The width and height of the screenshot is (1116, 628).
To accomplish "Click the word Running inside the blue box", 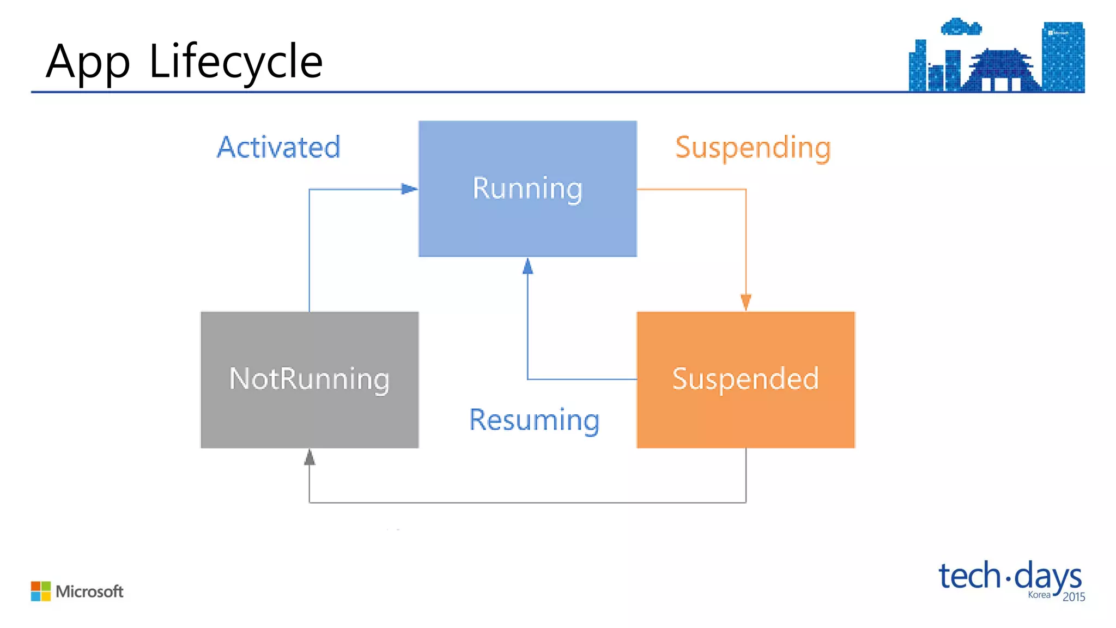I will click(527, 189).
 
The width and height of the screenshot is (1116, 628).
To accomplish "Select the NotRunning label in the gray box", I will click(309, 379).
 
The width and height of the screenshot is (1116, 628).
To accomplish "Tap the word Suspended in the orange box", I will click(745, 379).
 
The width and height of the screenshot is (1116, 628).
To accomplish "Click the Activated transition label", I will click(278, 147).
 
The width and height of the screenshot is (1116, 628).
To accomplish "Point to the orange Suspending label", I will click(753, 148).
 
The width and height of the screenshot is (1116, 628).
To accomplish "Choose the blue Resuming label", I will click(534, 420).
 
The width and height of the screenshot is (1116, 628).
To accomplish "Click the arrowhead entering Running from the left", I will click(409, 189).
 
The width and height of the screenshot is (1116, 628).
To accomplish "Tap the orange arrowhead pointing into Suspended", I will click(745, 302).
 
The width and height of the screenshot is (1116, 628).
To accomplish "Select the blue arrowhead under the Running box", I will click(527, 266).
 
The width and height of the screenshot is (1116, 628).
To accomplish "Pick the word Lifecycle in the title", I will click(235, 62).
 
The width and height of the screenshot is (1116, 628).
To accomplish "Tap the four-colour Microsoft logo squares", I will click(40, 591).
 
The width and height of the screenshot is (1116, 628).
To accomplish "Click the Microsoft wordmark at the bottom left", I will click(89, 591).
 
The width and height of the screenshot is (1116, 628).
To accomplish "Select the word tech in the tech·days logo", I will click(969, 576).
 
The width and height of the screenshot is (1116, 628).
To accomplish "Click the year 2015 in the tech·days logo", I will click(1073, 597).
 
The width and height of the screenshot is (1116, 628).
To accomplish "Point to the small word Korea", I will click(1039, 595).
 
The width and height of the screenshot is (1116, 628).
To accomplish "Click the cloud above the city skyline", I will click(961, 26).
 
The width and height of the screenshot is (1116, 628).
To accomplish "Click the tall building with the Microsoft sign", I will click(1063, 57).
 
